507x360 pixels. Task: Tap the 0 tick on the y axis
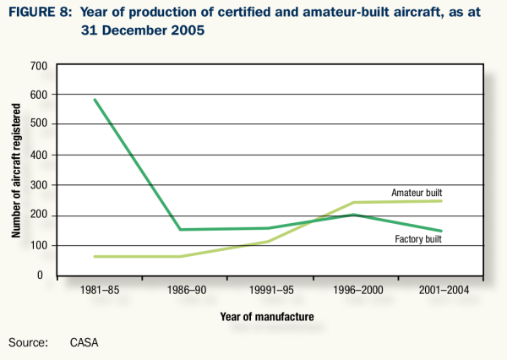pos(42,275)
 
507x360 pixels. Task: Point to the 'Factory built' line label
pos(418,239)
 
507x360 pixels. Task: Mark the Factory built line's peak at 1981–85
pos(94,100)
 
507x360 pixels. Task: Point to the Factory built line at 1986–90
pos(178,229)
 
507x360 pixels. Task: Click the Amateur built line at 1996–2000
pos(352,203)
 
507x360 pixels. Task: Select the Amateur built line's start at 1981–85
pos(94,256)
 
